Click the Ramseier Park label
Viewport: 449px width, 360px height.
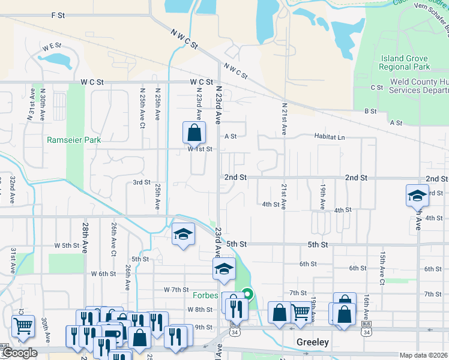tap(74, 140)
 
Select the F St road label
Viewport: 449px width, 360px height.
tap(58, 15)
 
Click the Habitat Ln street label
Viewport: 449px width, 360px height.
tap(330, 137)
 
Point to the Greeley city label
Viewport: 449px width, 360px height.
tap(312, 342)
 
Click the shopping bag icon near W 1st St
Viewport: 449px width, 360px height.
tap(194, 133)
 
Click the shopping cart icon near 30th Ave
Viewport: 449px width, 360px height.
tap(23, 326)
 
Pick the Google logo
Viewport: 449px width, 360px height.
tap(19, 353)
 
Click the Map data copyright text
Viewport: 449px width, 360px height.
tap(424, 355)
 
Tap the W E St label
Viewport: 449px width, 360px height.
tap(52, 46)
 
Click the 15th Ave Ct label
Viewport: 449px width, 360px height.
tap(381, 268)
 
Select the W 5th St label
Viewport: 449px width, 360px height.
tap(67, 245)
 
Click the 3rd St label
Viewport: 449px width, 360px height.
tap(141, 182)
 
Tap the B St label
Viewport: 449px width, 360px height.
tap(370, 111)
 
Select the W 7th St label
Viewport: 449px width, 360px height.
tap(176, 290)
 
